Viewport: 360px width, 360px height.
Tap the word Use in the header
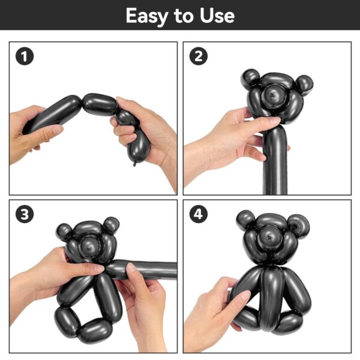(217, 16)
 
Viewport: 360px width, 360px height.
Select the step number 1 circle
(25, 56)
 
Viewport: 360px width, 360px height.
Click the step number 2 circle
(199, 56)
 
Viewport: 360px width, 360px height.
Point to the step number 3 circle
(25, 214)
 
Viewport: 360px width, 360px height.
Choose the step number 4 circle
(199, 214)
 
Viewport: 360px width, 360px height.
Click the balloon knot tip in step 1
(134, 164)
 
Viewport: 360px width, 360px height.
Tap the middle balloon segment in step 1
(99, 104)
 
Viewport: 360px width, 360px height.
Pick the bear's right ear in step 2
(304, 85)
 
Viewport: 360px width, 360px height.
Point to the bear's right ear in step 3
(111, 225)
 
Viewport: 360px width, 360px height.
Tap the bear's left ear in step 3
(65, 232)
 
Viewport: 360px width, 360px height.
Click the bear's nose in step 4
(270, 238)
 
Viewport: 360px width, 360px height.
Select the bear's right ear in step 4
(299, 226)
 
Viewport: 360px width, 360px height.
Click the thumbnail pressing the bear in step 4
(245, 295)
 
